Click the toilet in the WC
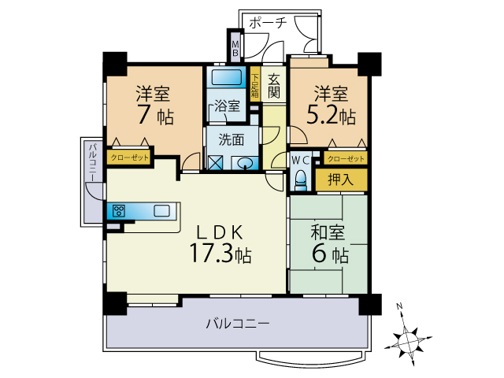point(300,180)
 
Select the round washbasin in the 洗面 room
point(246,163)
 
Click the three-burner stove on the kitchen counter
point(119,211)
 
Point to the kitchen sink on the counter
point(161,211)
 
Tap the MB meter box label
point(235,48)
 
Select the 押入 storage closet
point(341,180)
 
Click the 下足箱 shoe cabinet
point(255,84)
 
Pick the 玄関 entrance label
point(273,86)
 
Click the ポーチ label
point(268,23)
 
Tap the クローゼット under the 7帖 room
point(129,157)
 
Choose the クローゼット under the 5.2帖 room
point(346,158)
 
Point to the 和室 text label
point(328,232)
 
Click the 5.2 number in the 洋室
point(322,115)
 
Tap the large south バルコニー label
point(238,324)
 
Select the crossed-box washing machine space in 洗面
point(215,163)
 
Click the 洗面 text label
point(231,140)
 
